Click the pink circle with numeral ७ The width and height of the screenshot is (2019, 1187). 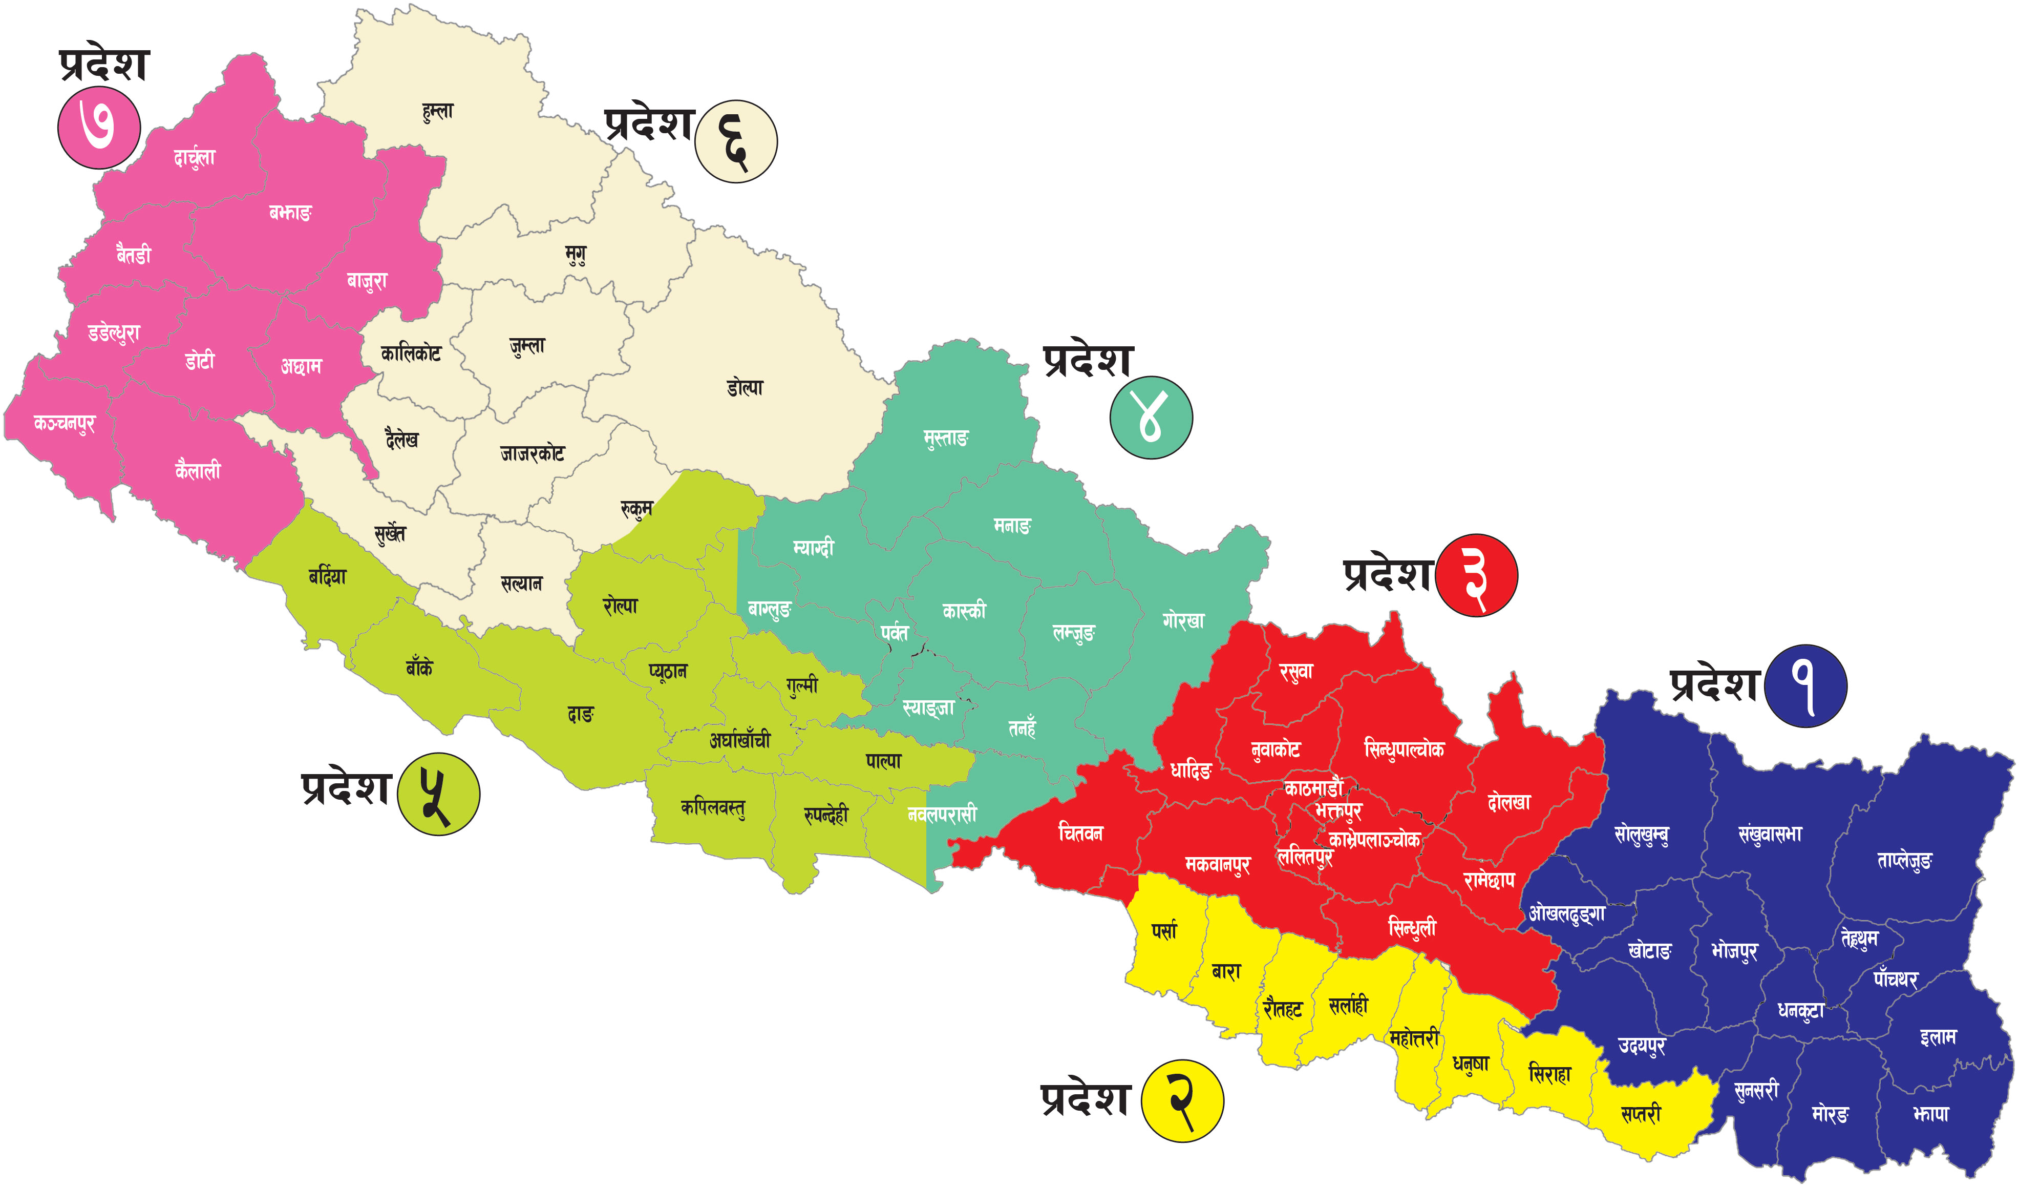tap(98, 128)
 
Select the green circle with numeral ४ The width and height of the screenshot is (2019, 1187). tap(1151, 418)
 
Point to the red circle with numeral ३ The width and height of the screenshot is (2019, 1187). tap(1476, 575)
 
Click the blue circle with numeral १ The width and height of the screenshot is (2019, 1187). tap(1806, 686)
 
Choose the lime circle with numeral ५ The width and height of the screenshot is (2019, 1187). tap(438, 794)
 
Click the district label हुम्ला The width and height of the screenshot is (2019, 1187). tap(437, 111)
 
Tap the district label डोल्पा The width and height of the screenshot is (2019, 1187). tap(745, 388)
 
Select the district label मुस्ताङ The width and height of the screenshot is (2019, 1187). tap(945, 438)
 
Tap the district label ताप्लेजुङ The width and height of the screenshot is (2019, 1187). tap(1904, 861)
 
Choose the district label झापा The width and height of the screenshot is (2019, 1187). tap(1930, 1113)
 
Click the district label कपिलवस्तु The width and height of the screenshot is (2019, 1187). tap(712, 808)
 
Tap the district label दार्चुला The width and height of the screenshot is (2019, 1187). tap(194, 157)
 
